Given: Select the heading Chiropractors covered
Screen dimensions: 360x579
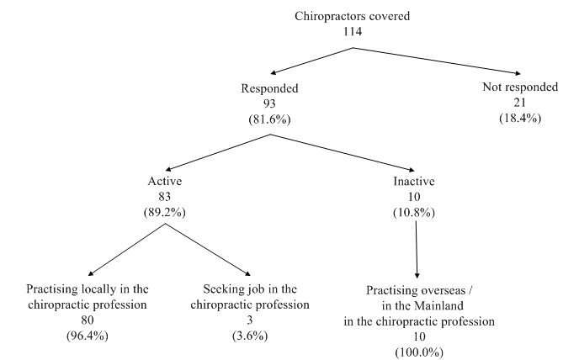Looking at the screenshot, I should click(x=353, y=15).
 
